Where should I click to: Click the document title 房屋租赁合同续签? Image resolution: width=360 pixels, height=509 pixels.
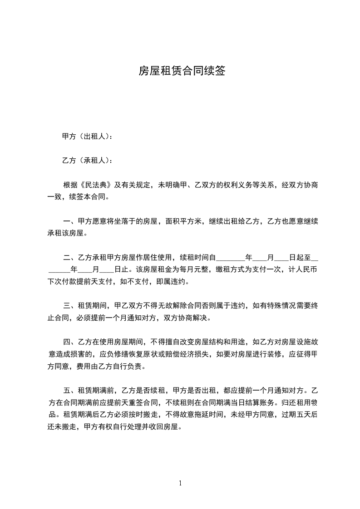tap(182, 71)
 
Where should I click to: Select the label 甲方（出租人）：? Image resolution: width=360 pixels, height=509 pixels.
tap(87, 136)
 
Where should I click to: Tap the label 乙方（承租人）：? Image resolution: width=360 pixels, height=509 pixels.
tap(87, 160)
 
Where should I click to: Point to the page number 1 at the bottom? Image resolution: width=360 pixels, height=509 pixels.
tap(180, 483)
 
